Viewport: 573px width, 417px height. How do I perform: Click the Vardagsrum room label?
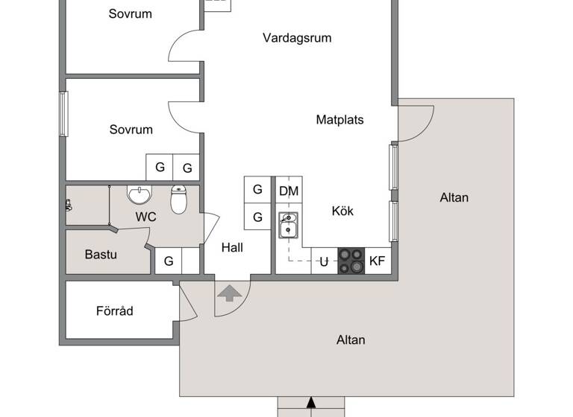point(297,38)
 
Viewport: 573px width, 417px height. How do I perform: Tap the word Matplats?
point(339,119)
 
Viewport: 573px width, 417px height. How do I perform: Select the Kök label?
point(342,211)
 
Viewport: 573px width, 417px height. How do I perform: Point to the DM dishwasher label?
point(289,191)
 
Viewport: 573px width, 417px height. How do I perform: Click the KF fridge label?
point(378,261)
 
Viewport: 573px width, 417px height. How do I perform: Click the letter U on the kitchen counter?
point(324,261)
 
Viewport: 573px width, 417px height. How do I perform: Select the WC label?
point(145,217)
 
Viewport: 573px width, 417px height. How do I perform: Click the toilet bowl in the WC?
point(178,200)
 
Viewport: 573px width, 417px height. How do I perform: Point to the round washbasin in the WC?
point(139,195)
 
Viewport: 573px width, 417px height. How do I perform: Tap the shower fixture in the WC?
point(69,205)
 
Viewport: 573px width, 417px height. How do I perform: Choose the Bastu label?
point(101,255)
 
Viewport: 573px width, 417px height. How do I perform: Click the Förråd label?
point(115,311)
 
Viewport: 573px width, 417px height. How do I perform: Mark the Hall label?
point(232,249)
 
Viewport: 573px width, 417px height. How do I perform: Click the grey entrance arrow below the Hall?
point(229,292)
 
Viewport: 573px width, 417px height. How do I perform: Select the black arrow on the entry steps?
point(311,405)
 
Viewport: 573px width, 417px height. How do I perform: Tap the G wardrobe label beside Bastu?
point(169,261)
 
